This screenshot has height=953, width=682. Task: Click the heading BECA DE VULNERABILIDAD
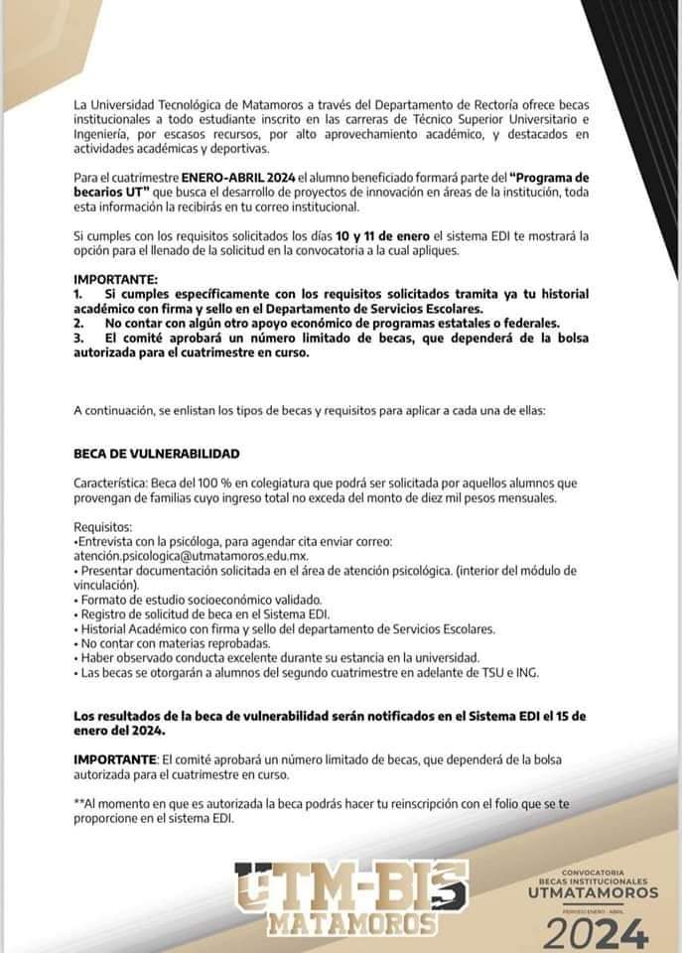pos(157,454)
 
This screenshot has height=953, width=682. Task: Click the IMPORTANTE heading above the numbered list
pos(116,280)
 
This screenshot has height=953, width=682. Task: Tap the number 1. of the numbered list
pos(78,295)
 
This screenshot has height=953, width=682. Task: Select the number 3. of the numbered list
pos(78,338)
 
